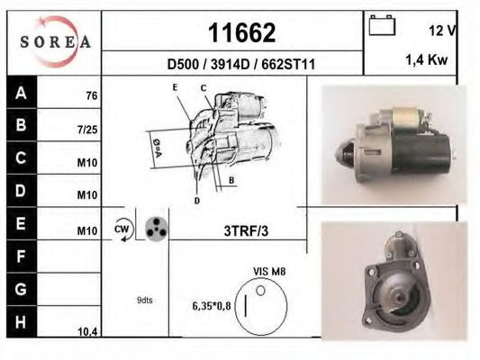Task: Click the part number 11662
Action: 242,33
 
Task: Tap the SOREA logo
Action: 55,41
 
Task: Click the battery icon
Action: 382,25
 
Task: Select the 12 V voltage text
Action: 442,31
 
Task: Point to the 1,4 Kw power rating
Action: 427,59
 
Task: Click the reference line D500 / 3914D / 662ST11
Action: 241,64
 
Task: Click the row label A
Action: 21,93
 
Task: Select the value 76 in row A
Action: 92,95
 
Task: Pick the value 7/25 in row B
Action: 87,130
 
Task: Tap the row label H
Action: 21,322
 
